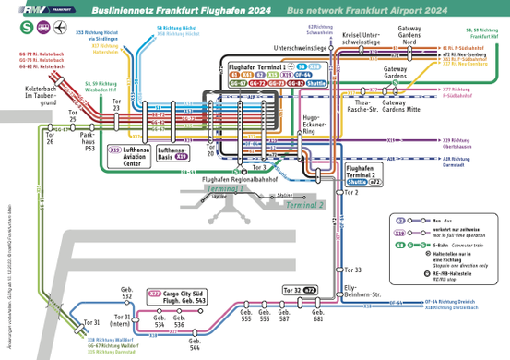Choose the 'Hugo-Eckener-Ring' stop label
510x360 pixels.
coord(316,125)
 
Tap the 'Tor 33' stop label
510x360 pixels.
coord(352,270)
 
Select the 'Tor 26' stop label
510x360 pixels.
coord(48,139)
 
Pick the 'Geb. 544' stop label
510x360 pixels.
coord(196,345)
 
